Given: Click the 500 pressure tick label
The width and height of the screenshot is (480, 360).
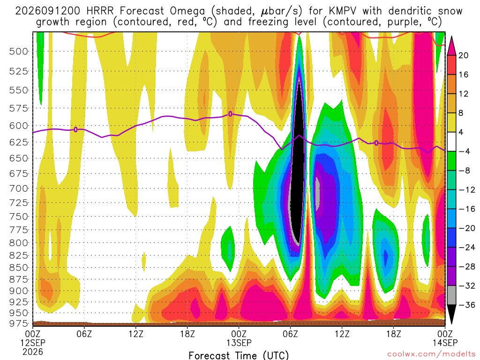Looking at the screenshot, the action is point(19,52).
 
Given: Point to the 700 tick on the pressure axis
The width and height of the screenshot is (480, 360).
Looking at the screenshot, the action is point(19,188).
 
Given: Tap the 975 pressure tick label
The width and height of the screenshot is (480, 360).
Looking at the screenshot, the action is point(19,323).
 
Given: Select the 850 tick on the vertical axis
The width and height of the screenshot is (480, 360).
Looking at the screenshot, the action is point(19,268).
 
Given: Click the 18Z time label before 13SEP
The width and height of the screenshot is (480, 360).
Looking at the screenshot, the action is point(187,334).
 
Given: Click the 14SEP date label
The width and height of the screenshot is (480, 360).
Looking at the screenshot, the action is point(445,343).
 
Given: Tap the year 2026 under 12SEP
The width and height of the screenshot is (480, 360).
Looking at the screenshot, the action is point(33,352).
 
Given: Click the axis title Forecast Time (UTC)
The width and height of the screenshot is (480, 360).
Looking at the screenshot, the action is point(239,355).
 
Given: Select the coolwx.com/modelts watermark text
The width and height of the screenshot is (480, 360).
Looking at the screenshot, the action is point(431,354).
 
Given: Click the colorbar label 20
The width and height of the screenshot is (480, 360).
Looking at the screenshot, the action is point(463,55).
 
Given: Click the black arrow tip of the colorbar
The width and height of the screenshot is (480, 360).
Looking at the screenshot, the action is point(451,323).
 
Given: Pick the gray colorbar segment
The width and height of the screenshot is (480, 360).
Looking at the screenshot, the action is point(451,295).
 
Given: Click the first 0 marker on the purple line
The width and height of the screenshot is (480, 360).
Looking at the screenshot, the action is point(75,130).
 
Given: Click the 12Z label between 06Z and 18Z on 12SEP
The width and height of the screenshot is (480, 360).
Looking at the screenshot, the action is point(136,334).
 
